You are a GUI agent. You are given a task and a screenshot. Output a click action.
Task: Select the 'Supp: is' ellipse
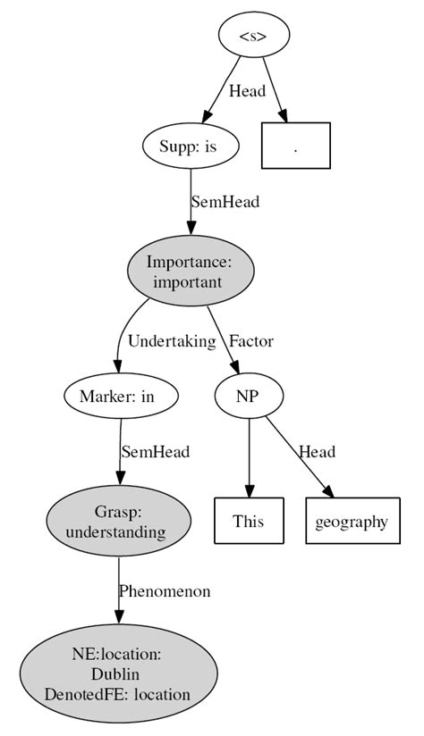pyautogui.click(x=191, y=146)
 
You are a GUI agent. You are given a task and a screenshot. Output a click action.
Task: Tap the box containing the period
pyautogui.click(x=296, y=146)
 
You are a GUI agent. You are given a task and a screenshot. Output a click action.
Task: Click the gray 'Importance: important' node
pyautogui.click(x=191, y=271)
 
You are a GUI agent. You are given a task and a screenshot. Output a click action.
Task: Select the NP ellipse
pyautogui.click(x=249, y=395)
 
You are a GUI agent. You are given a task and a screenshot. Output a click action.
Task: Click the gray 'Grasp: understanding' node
pyautogui.click(x=118, y=523)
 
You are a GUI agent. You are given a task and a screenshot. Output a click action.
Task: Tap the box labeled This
pyautogui.click(x=249, y=521)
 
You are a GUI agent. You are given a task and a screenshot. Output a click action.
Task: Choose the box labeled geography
pyautogui.click(x=351, y=521)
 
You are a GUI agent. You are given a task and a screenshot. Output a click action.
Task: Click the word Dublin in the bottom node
pyautogui.click(x=118, y=674)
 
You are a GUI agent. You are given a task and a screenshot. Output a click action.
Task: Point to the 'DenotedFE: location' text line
pyautogui.click(x=118, y=693)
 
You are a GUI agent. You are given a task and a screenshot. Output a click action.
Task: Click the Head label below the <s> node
pyautogui.click(x=247, y=91)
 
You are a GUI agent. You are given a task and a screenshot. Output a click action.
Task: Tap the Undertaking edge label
pyautogui.click(x=172, y=340)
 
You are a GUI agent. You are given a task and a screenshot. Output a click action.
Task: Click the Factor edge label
pyautogui.click(x=251, y=340)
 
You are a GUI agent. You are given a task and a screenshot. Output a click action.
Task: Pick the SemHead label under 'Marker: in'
pyautogui.click(x=156, y=452)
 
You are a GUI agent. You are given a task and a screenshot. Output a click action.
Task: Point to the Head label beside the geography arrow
pyautogui.click(x=317, y=452)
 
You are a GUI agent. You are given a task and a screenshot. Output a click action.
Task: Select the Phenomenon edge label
pyautogui.click(x=165, y=591)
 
